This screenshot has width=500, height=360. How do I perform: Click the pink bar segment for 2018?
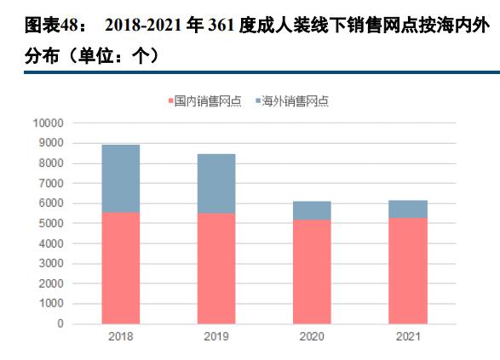(x=121, y=267)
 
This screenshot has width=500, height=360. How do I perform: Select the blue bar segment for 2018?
(x=121, y=178)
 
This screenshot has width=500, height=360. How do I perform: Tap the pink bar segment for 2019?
(x=216, y=268)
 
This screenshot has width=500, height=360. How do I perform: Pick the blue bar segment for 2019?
(x=216, y=183)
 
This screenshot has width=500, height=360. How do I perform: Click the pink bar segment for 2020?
(x=312, y=271)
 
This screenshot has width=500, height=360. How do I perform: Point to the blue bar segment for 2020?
(x=312, y=210)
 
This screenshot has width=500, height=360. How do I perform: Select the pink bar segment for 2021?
(x=407, y=271)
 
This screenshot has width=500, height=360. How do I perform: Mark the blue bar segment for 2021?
(x=407, y=209)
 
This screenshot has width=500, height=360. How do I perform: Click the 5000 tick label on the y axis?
(x=50, y=223)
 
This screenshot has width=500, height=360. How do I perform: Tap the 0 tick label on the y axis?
(x=60, y=323)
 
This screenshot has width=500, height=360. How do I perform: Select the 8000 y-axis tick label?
(x=50, y=163)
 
